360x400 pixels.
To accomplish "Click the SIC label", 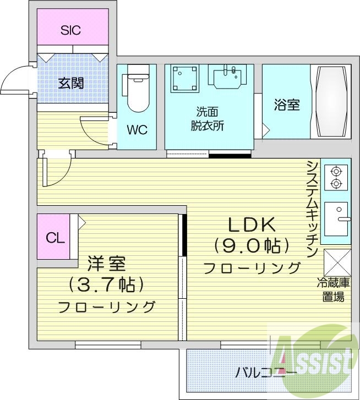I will (70, 30).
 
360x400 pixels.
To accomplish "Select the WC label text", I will (137, 130).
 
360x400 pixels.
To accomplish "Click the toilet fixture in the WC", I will (136, 91).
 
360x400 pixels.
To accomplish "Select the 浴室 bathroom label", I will (286, 105).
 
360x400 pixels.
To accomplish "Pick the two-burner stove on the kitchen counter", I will (336, 177).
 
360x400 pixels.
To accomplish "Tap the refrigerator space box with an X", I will (336, 262).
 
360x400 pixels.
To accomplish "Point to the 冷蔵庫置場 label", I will (333, 291).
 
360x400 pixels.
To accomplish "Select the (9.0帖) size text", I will (252, 245).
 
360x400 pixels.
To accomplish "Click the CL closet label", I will (54, 238).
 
